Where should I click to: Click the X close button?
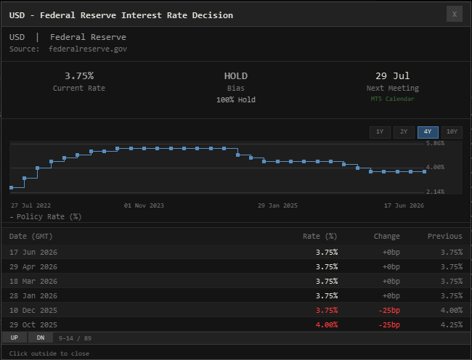point(455,14)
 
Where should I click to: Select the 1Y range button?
point(380,132)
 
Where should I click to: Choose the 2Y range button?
point(404,132)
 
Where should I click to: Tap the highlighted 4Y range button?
point(428,132)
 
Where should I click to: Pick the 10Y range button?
point(452,132)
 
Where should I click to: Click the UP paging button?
point(15,337)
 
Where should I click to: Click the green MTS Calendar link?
point(393,99)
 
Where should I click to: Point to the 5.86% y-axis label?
point(435,143)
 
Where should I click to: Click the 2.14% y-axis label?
point(435,192)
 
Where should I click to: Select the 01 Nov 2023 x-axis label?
point(144,205)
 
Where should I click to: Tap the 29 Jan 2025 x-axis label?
point(277,205)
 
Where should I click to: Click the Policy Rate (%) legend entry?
point(46,216)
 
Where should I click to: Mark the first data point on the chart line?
point(12,188)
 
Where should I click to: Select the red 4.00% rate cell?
point(327,325)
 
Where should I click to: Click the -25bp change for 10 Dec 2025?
point(389,310)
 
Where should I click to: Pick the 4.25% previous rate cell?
point(452,325)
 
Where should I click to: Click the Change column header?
point(387,237)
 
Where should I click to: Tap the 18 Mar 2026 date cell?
point(33,281)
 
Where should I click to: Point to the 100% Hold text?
point(236,100)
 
